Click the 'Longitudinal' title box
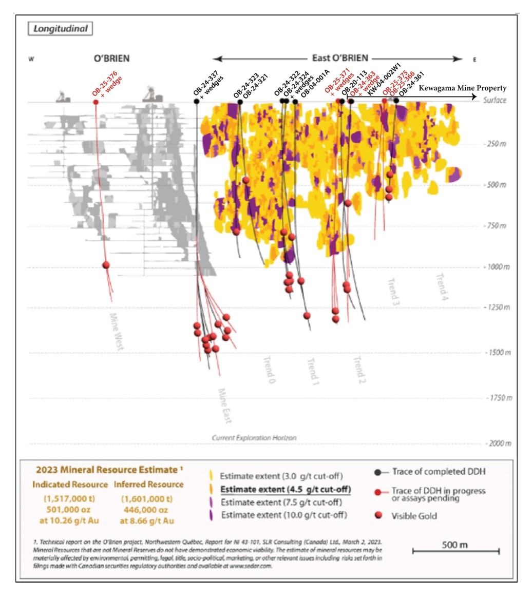click(60, 29)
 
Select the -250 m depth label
click(495, 144)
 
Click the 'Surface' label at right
click(495, 100)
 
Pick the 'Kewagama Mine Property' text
click(463, 88)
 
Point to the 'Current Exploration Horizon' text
click(254, 438)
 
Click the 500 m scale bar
click(456, 551)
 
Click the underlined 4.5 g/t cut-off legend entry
click(285, 489)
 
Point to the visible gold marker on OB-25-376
click(106, 265)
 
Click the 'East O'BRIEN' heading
click(340, 59)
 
